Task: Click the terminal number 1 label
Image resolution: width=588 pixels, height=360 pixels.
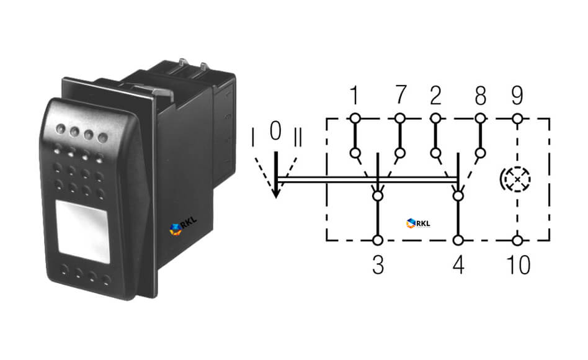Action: [x=354, y=95]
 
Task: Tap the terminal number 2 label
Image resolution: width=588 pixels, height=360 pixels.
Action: [x=435, y=96]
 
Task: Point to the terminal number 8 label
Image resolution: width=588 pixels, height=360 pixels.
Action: [x=481, y=96]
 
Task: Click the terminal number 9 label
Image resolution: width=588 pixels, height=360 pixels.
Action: [x=517, y=96]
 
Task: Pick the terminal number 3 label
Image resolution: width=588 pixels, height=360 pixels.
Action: [x=378, y=264]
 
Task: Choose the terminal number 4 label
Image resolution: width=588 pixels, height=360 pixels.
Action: [x=458, y=264]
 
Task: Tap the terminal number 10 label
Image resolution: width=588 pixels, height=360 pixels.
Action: [x=519, y=264]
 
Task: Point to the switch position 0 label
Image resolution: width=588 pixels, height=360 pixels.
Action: [x=275, y=130]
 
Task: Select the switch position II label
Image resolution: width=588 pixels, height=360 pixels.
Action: [x=298, y=137]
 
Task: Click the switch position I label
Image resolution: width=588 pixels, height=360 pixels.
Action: [x=252, y=137]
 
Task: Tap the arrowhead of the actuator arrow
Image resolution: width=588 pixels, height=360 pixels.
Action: [x=276, y=192]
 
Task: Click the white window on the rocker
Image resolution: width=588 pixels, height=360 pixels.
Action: [x=82, y=232]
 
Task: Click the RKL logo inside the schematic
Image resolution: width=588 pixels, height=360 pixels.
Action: [x=418, y=223]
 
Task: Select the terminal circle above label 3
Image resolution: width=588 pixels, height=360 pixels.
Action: [x=378, y=240]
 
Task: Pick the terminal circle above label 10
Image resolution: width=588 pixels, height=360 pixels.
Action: [x=517, y=240]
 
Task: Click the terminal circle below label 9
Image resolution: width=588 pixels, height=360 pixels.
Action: [x=517, y=119]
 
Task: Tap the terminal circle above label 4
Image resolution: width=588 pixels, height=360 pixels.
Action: [x=458, y=240]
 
